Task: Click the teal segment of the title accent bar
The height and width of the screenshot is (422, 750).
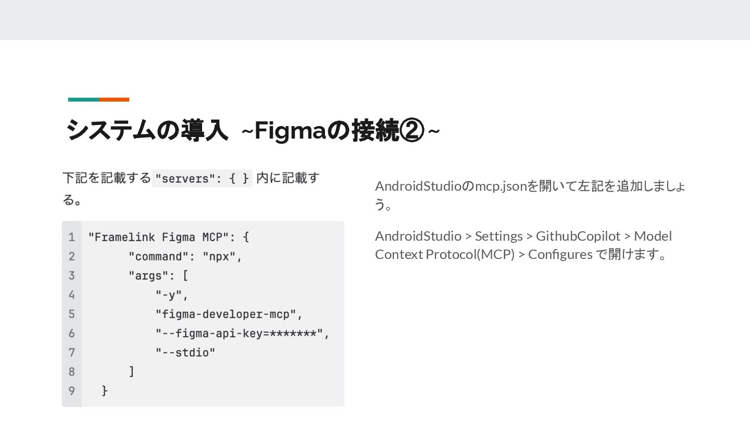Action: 83,100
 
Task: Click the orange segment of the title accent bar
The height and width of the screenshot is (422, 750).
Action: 114,100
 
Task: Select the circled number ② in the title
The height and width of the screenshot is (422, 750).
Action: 411,130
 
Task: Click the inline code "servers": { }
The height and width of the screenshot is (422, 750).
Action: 202,178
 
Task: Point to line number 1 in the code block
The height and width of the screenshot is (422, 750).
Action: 71,237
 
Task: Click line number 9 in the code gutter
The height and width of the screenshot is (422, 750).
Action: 71,390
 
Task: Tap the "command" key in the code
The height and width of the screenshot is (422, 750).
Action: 159,256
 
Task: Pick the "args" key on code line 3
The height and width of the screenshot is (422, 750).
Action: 148,276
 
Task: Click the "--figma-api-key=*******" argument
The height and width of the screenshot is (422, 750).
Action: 240,333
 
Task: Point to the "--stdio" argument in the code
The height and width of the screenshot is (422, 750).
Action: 185,353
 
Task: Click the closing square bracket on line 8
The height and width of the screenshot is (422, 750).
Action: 132,371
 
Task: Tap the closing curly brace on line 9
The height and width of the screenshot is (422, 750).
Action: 105,390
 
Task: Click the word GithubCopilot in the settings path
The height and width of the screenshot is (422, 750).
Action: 578,236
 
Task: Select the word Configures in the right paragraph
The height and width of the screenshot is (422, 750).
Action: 560,255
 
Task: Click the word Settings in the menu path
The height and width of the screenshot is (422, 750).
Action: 498,236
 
